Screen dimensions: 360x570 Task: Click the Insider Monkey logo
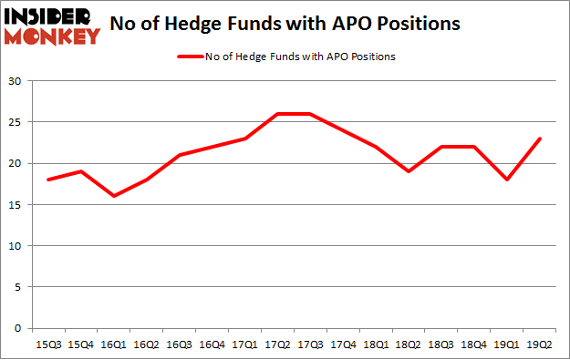(53, 26)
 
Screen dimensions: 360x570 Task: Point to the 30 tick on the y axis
(16, 81)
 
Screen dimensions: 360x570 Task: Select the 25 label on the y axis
(16, 122)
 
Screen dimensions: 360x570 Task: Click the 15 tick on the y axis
(16, 204)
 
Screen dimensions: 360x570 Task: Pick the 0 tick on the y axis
(19, 328)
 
